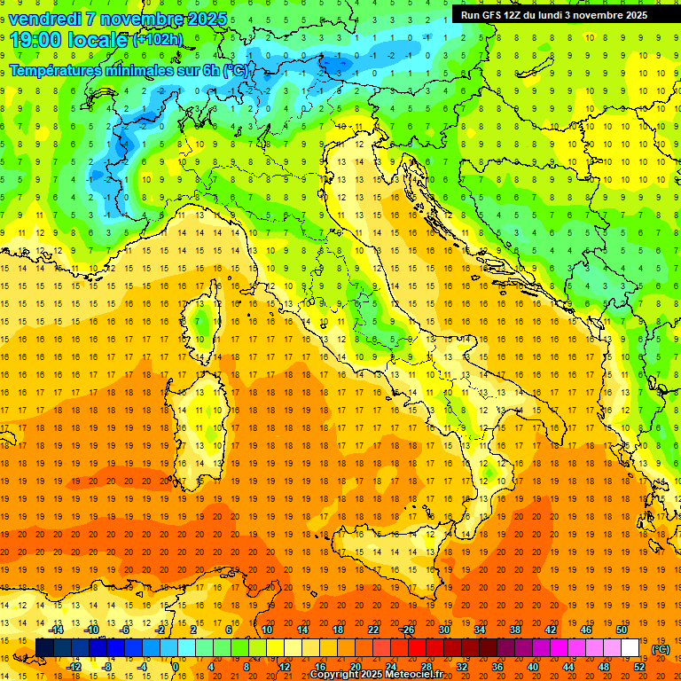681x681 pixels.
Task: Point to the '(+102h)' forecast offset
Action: (157, 40)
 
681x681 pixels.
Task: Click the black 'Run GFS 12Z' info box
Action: (553, 14)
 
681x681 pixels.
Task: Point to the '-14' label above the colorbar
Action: (57, 630)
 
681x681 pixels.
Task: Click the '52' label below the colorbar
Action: (639, 667)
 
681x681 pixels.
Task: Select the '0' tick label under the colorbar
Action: (176, 667)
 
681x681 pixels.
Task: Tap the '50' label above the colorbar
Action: (622, 630)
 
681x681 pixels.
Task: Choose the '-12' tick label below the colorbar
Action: (74, 667)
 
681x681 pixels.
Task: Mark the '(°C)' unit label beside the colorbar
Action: (660, 648)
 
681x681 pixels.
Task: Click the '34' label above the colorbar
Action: (479, 630)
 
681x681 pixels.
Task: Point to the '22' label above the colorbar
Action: (372, 630)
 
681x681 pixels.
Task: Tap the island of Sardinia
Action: (201, 417)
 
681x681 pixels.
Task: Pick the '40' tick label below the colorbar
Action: (532, 667)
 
